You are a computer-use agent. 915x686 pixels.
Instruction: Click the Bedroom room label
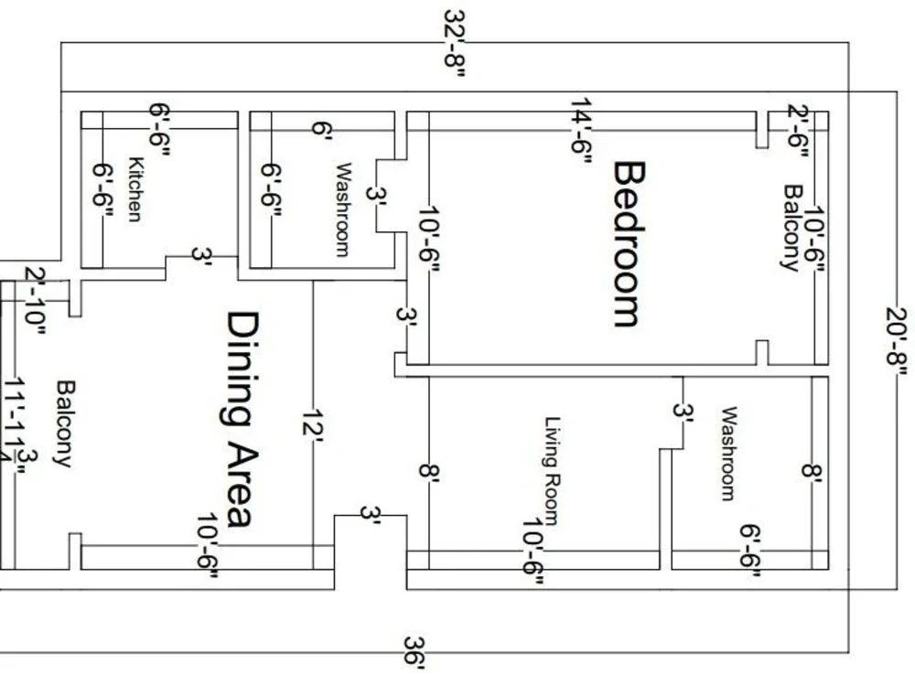[x=629, y=244]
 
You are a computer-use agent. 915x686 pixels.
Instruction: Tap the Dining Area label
[x=239, y=420]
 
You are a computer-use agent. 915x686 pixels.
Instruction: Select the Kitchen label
[x=135, y=189]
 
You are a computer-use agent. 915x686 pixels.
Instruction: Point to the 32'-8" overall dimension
[x=455, y=44]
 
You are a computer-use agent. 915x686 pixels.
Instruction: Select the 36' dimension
[x=414, y=655]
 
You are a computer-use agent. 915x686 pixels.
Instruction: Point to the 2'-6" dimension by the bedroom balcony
[x=798, y=131]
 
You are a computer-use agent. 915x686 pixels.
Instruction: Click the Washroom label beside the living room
[x=727, y=454]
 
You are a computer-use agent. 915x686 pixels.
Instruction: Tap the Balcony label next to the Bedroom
[x=791, y=228]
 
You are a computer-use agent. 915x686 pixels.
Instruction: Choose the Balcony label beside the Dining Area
[x=63, y=423]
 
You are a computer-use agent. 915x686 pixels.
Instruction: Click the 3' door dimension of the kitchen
[x=201, y=256]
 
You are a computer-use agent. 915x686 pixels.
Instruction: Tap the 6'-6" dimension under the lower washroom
[x=750, y=552]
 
